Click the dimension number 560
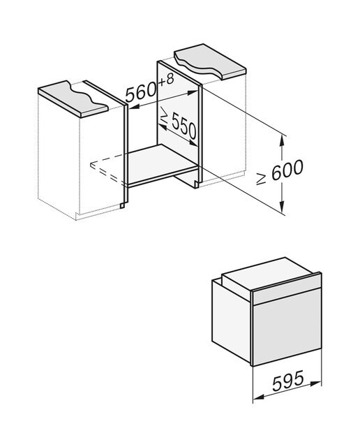(x=141, y=91)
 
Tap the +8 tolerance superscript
(x=166, y=80)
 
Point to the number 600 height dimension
(x=287, y=170)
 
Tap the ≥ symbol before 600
(x=262, y=179)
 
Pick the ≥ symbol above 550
(x=165, y=114)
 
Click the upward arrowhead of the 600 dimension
(x=282, y=140)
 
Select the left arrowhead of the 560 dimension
(x=134, y=107)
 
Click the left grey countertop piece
(x=73, y=99)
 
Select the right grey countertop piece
(x=210, y=61)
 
